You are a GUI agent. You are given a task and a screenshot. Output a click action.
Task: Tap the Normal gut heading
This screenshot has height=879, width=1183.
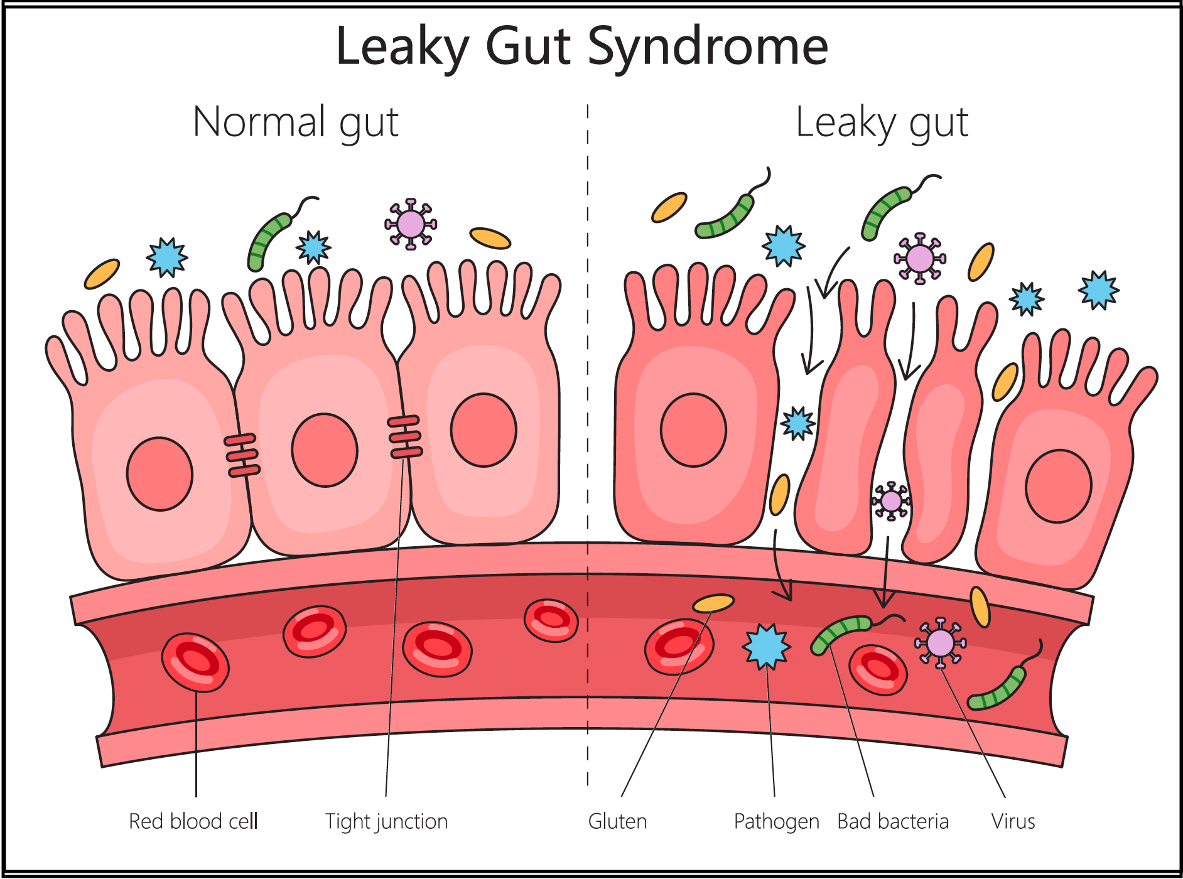[x=296, y=122]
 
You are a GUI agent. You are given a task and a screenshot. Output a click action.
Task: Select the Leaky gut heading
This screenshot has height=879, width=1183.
[x=882, y=122]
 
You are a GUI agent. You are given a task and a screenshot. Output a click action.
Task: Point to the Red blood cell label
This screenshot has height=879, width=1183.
[x=193, y=821]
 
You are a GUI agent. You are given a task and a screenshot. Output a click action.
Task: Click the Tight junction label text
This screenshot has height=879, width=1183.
[x=386, y=821]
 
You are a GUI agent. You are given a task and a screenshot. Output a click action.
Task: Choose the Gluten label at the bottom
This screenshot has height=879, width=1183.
[x=617, y=821]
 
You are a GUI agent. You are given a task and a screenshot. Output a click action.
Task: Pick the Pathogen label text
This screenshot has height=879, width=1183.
[x=776, y=821]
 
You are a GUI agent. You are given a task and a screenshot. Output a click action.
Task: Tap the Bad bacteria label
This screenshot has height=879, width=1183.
[x=893, y=821]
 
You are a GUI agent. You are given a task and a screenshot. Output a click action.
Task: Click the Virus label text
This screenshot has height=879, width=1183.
[x=1013, y=821]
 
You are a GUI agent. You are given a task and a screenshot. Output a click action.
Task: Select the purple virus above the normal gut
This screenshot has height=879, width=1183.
[x=411, y=224]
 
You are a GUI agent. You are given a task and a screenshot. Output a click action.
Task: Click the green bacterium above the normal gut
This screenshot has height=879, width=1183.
[x=269, y=240]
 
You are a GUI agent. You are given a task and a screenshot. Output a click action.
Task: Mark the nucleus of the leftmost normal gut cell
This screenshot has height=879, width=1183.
[x=159, y=474]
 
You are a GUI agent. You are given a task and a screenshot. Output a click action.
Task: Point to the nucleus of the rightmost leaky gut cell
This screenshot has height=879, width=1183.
[x=1058, y=486]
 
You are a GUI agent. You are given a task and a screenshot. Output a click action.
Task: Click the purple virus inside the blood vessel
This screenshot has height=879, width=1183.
[x=940, y=642]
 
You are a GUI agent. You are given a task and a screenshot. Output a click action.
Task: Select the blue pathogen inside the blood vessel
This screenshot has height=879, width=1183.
[x=767, y=646]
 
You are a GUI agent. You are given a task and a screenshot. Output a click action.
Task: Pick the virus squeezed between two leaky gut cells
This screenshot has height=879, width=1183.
[x=891, y=501]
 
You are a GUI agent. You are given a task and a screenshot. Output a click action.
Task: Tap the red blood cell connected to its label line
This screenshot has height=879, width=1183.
[x=195, y=662]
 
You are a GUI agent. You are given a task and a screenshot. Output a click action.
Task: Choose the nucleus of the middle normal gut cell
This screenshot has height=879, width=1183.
[x=325, y=450]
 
